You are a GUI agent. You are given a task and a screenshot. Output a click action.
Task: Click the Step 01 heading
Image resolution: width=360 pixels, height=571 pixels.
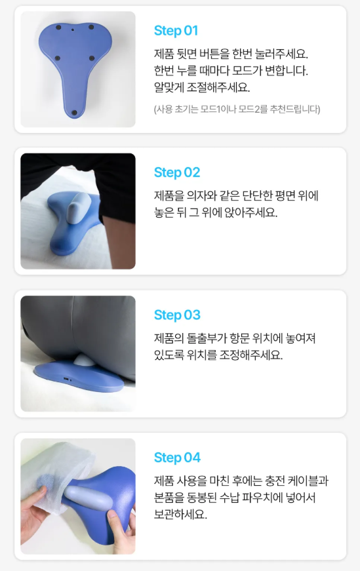pos(176,31)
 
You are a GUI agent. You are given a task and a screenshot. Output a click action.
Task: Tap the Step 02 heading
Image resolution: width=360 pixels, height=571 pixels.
pos(177,172)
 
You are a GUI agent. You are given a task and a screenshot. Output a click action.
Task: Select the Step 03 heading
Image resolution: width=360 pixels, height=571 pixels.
pos(177,315)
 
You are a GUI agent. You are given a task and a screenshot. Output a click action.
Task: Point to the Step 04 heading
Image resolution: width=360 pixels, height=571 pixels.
pos(177,458)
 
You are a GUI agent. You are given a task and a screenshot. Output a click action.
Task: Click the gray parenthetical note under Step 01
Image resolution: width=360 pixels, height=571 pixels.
pos(237,109)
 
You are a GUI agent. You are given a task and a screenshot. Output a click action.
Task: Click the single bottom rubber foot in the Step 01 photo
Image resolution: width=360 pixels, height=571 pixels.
pos(74,113)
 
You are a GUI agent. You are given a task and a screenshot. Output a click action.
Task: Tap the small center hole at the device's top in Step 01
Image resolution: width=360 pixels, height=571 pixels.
pos(73,30)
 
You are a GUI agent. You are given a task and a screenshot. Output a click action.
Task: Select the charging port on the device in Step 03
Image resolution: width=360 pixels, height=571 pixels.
pos(66,380)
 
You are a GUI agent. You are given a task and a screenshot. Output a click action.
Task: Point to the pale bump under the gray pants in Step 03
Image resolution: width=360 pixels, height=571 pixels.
pos(83,361)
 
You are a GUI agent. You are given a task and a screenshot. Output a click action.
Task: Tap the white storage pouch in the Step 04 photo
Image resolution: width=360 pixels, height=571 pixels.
pos(54,470)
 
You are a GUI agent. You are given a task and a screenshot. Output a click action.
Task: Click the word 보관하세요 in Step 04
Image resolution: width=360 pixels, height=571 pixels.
pos(180,514)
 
